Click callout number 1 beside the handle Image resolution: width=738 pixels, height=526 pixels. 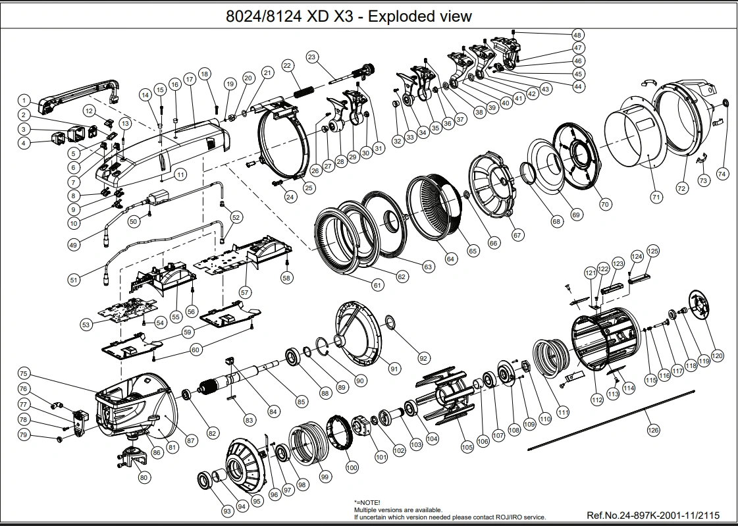pyautogui.click(x=24, y=100)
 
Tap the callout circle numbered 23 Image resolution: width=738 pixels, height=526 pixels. pyautogui.click(x=311, y=57)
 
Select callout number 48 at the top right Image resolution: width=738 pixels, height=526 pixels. pyautogui.click(x=577, y=34)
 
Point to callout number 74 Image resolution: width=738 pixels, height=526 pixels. pyautogui.click(x=722, y=174)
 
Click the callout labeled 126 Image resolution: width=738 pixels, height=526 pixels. pyautogui.click(x=653, y=429)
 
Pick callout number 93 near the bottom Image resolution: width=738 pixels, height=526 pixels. pyautogui.click(x=227, y=511)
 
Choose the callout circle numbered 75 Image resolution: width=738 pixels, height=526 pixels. pyautogui.click(x=24, y=373)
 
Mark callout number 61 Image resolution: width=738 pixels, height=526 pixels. pyautogui.click(x=377, y=285)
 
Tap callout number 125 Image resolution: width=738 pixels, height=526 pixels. pyautogui.click(x=653, y=251)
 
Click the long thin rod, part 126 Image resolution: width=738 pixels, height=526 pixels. pyautogui.click(x=611, y=420)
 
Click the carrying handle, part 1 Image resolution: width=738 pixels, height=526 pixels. pyautogui.click(x=78, y=96)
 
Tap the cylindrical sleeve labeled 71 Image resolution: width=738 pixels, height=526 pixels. pyautogui.click(x=633, y=136)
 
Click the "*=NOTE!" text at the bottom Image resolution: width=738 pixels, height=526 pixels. pyautogui.click(x=367, y=502)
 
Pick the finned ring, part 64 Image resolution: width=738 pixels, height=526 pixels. pyautogui.click(x=434, y=209)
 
